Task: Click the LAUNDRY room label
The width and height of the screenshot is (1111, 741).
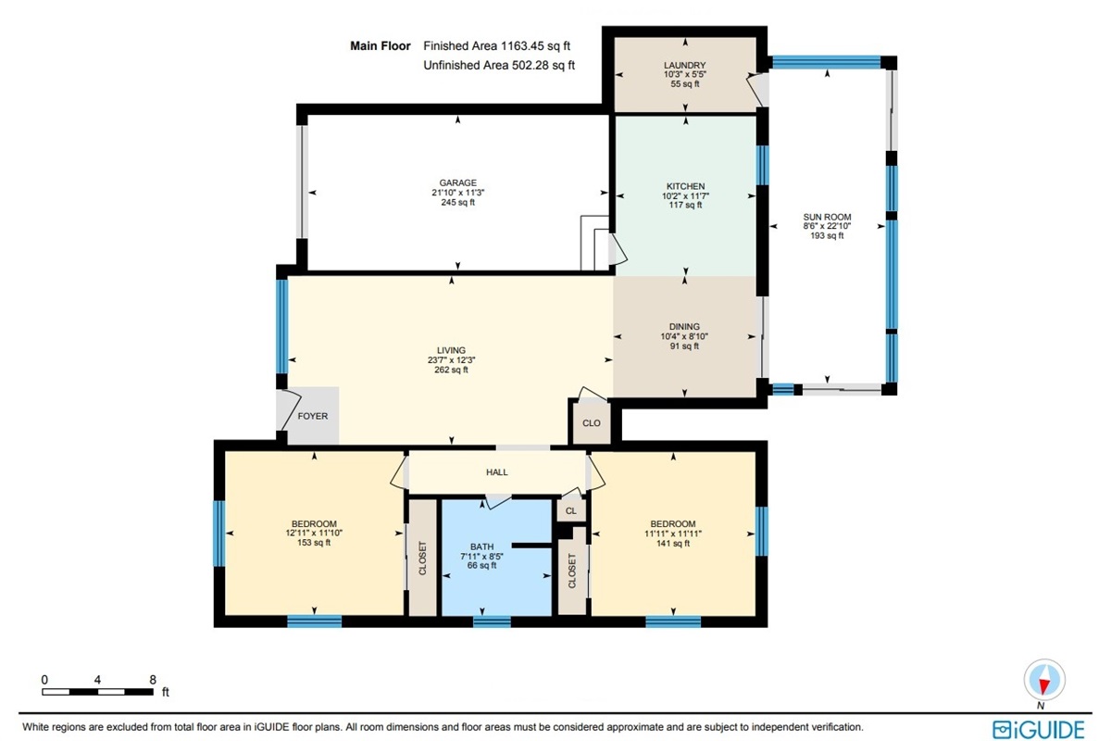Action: pyautogui.click(x=684, y=65)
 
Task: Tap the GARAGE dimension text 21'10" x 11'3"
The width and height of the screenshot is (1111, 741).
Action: pyautogui.click(x=457, y=193)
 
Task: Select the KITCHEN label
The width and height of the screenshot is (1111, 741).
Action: pyautogui.click(x=685, y=186)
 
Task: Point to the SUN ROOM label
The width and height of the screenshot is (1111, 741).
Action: pyautogui.click(x=827, y=217)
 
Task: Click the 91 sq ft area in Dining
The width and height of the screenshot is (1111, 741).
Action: pyautogui.click(x=684, y=345)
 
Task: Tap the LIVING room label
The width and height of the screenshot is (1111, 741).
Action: pyautogui.click(x=452, y=350)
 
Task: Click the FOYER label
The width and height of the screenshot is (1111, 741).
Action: pyautogui.click(x=313, y=416)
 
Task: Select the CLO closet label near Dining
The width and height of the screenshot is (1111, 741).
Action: pyautogui.click(x=592, y=423)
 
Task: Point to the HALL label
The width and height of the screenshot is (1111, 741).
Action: pyautogui.click(x=496, y=472)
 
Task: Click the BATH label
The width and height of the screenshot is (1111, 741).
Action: pyautogui.click(x=481, y=546)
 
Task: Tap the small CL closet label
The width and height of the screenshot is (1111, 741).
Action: pyautogui.click(x=571, y=510)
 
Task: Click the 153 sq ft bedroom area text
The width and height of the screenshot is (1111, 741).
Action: pyautogui.click(x=314, y=543)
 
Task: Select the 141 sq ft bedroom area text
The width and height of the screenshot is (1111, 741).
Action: pyautogui.click(x=673, y=544)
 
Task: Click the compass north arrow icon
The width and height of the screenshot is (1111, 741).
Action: pyautogui.click(x=1044, y=680)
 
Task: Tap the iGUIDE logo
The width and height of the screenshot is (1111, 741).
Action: pyautogui.click(x=1039, y=730)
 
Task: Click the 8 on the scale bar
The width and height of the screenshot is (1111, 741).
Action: pyautogui.click(x=153, y=680)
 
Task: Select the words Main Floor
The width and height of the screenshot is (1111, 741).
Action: pyautogui.click(x=381, y=46)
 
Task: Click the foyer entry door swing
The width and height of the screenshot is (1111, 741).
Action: pyautogui.click(x=290, y=410)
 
